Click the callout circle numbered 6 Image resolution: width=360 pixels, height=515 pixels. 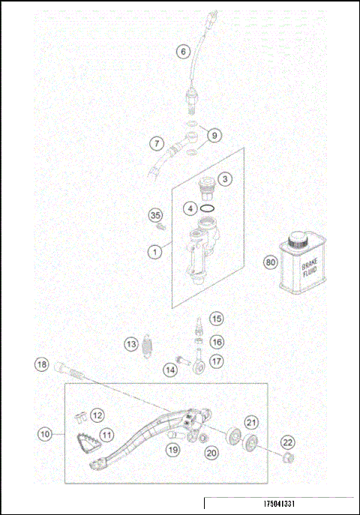point(182,52)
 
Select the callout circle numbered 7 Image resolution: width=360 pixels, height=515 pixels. point(156,142)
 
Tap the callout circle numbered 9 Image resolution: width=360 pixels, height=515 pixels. point(214,135)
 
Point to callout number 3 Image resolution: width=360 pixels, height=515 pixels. point(225,180)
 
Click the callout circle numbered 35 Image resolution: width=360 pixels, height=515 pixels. point(155,216)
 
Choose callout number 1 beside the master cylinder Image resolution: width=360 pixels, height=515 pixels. point(154,252)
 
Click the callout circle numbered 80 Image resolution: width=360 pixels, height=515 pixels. point(270,262)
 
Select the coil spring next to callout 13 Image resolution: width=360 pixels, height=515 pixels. point(148,345)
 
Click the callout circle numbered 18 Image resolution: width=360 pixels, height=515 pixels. point(42,365)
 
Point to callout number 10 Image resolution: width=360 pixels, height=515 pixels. point(46,433)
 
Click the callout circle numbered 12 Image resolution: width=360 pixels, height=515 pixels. point(97,415)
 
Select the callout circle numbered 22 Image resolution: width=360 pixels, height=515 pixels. point(288,442)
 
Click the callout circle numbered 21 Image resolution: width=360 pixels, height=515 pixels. point(251,421)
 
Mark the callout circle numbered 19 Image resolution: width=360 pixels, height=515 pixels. point(173,450)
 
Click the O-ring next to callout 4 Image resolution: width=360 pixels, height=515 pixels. point(211,207)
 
